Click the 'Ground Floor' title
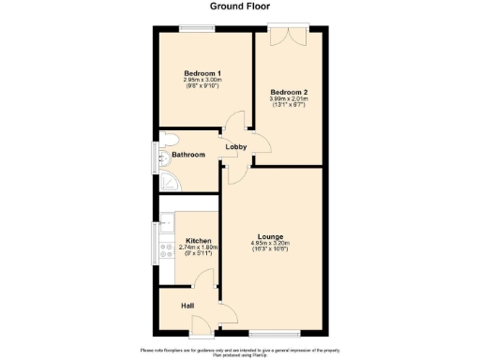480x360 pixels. (x=239, y=7)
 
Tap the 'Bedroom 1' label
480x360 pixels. (x=202, y=73)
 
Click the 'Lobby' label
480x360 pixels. (x=235, y=147)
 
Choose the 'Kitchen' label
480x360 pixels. (x=198, y=241)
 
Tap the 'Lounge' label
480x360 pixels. (x=271, y=236)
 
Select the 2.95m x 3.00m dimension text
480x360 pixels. (x=202, y=80)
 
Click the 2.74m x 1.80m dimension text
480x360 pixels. (x=198, y=247)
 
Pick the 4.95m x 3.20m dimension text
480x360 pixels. (x=271, y=243)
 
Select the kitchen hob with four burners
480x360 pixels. (x=166, y=250)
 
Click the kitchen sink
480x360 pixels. (x=166, y=223)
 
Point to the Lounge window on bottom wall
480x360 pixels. (x=275, y=333)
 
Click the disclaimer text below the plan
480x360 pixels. (x=239, y=352)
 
